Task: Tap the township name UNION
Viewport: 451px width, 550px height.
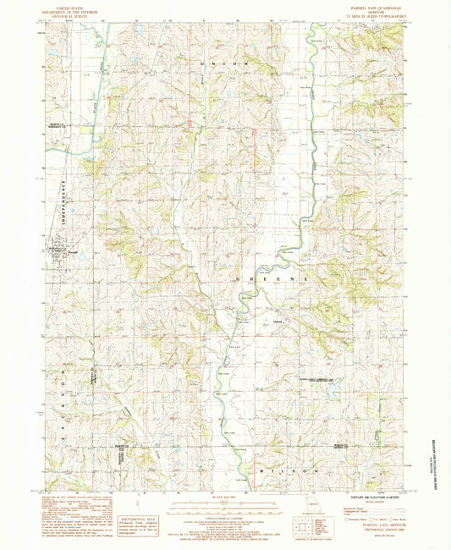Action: tap(225, 64)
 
